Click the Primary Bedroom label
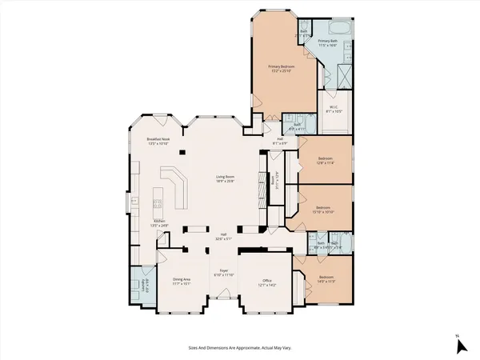tap(282, 68)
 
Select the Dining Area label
tap(181, 281)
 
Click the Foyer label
tap(223, 273)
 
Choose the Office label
tap(266, 282)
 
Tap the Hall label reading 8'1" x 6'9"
tap(281, 142)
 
